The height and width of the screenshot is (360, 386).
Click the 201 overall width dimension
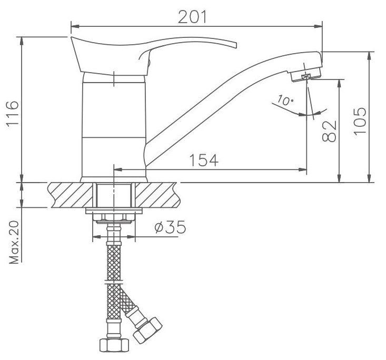click(x=192, y=17)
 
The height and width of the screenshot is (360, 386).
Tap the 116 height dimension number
click(x=12, y=113)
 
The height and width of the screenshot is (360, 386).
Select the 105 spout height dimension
click(x=360, y=121)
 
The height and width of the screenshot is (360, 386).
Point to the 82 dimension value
click(x=329, y=131)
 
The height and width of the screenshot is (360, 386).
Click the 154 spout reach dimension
click(x=204, y=160)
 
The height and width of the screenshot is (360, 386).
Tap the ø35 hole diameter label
click(x=170, y=227)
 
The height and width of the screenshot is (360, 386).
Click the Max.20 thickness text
click(x=14, y=242)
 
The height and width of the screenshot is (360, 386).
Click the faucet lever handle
click(x=153, y=55)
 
